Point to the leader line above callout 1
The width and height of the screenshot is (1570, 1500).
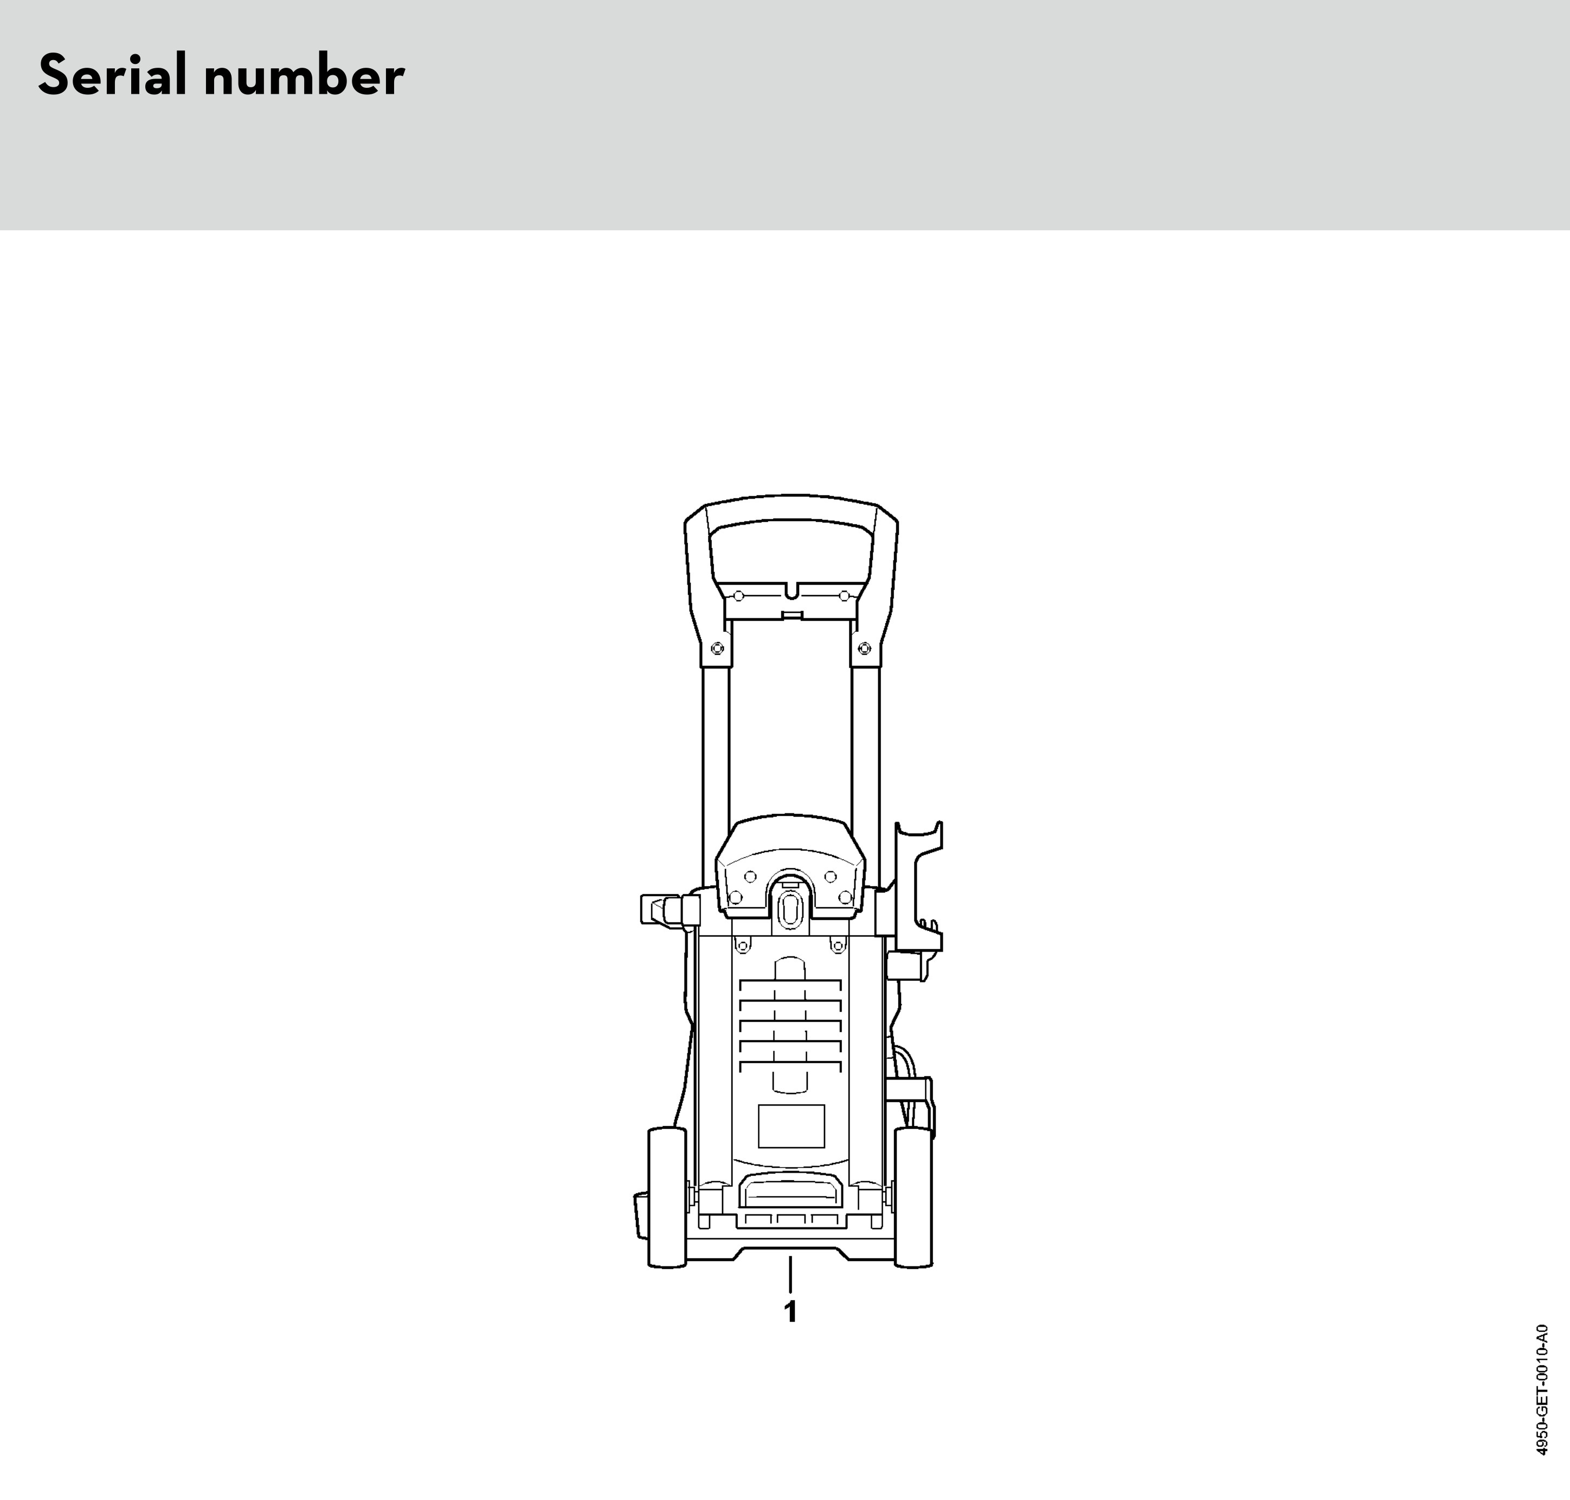pyautogui.click(x=790, y=1275)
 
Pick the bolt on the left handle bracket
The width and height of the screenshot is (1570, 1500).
pyautogui.click(x=717, y=648)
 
